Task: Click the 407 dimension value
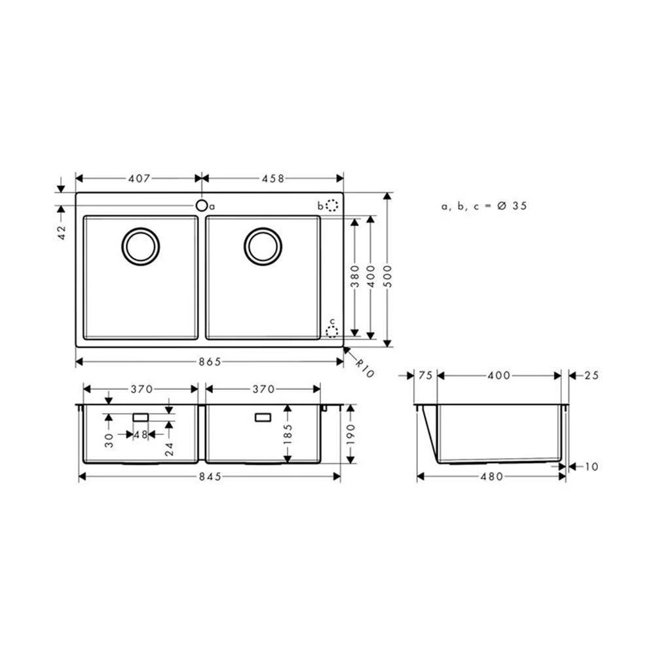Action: tap(140, 178)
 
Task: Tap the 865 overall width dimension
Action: tap(209, 362)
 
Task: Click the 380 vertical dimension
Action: tap(354, 276)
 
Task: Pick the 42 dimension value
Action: tap(62, 233)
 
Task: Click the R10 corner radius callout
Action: tap(365, 368)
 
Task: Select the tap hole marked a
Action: tap(202, 206)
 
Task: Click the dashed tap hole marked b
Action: tap(332, 206)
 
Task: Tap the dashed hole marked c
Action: tap(332, 331)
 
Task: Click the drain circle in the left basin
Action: tap(140, 247)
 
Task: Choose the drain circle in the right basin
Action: tap(263, 247)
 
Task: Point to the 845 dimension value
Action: tap(209, 477)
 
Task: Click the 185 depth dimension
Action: tap(288, 433)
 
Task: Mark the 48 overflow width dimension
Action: tap(141, 434)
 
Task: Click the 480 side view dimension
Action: tap(491, 477)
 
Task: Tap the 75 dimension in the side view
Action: tap(424, 376)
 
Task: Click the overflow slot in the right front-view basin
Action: tap(263, 417)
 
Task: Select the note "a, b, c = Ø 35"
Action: tap(484, 206)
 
